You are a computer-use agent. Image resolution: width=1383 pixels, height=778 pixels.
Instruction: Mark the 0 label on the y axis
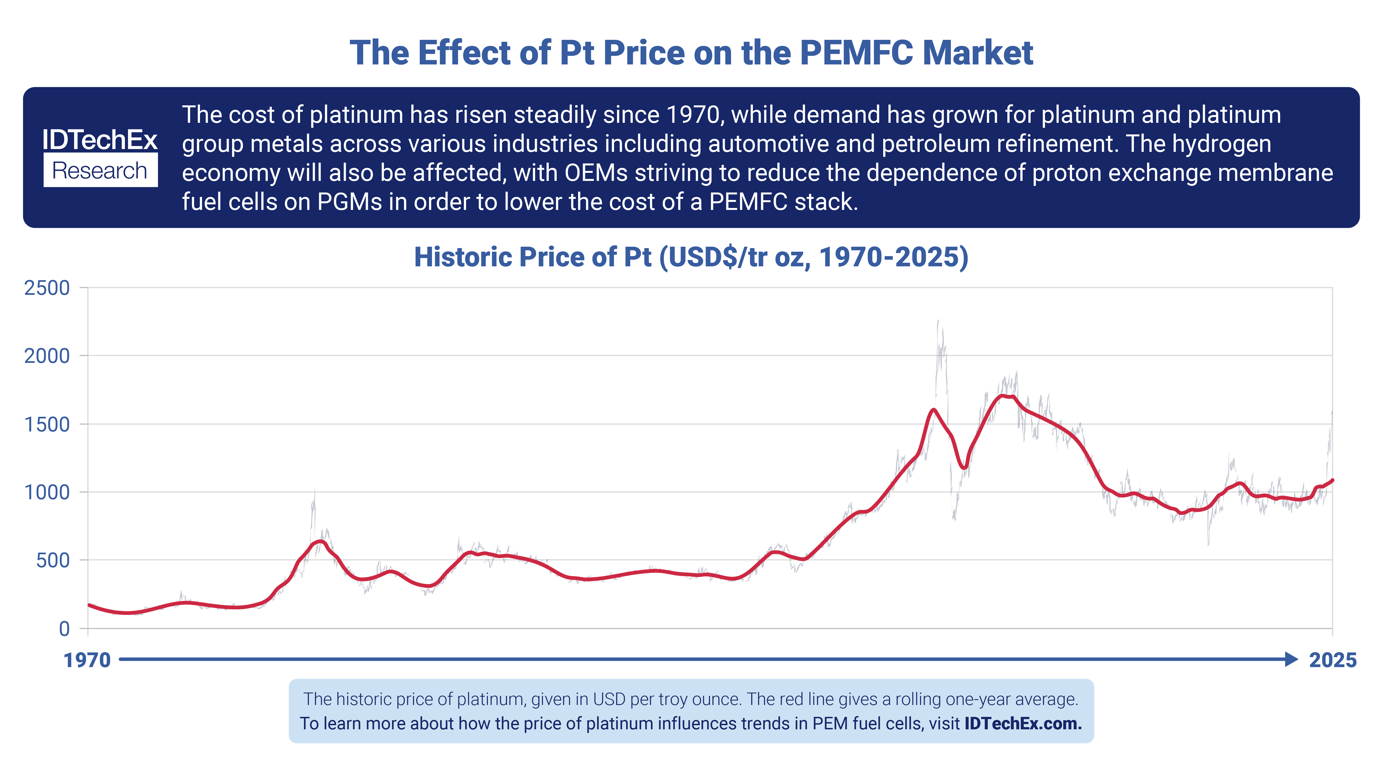click(x=64, y=629)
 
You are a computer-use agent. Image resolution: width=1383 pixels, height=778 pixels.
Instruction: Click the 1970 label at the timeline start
click(x=87, y=660)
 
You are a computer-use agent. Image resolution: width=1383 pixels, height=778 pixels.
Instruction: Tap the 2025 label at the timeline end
click(x=1333, y=660)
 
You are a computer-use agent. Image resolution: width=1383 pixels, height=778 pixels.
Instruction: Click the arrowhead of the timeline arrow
click(x=1291, y=659)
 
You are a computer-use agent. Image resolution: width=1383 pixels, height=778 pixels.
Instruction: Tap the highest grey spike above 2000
click(x=938, y=321)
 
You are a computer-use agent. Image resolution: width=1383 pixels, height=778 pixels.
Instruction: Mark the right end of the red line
click(x=1333, y=480)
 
